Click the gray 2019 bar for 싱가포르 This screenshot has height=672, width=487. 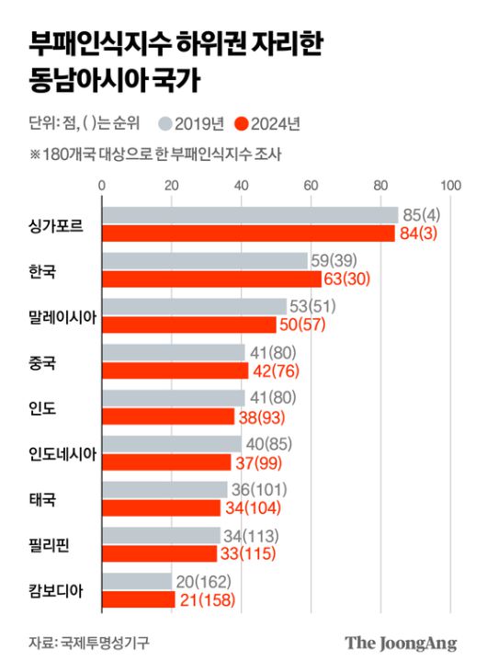pos(248,214)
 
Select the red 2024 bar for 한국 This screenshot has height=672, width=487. pos(211,279)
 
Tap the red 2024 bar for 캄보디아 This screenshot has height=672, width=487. pos(138,599)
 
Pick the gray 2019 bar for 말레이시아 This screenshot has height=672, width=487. pos(194,306)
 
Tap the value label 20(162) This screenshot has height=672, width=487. pos(205,581)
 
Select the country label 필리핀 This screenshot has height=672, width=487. pos(50,545)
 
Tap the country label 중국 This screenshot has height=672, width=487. pos(43,361)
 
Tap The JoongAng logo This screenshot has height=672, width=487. pos(401,643)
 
